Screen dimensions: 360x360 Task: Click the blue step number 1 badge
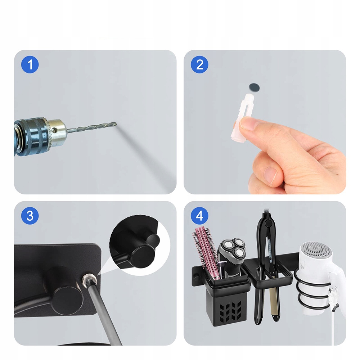click(x=30, y=64)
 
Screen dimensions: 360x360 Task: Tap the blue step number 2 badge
click(x=199, y=64)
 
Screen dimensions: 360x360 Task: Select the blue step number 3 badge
click(x=30, y=216)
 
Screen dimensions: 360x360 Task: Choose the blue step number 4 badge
click(x=199, y=216)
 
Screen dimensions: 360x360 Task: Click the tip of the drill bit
click(x=116, y=124)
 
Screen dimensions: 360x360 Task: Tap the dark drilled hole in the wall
click(x=254, y=87)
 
